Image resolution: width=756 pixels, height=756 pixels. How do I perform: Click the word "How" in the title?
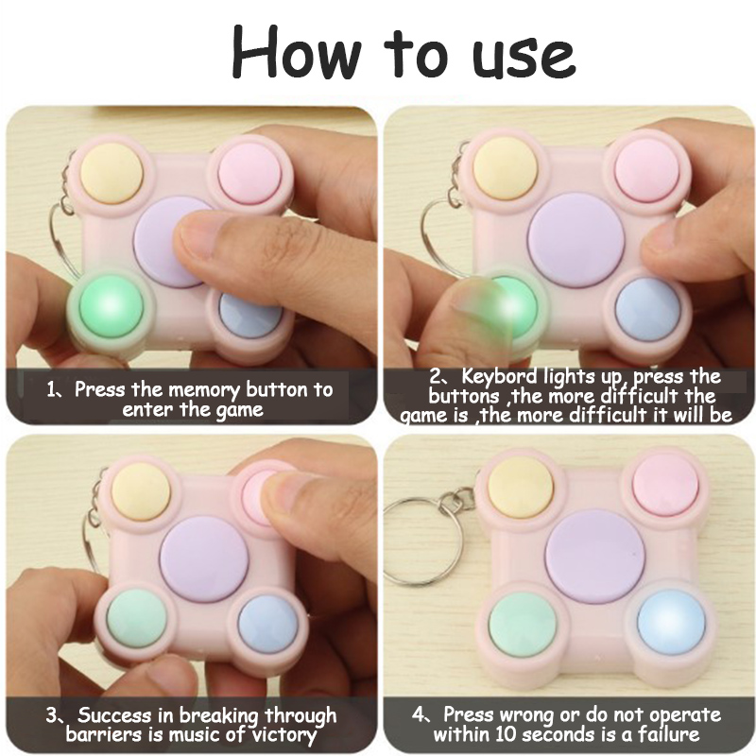click(x=296, y=51)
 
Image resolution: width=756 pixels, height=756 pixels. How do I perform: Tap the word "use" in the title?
click(x=524, y=57)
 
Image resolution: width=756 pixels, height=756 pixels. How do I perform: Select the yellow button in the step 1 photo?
click(x=112, y=173)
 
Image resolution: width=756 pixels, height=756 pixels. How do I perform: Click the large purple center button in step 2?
click(x=576, y=240)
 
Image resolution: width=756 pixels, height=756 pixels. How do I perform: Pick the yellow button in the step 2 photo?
click(x=505, y=169)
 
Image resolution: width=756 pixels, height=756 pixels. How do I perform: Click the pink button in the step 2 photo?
click(x=648, y=169)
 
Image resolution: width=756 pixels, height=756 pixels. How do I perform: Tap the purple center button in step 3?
click(x=204, y=559)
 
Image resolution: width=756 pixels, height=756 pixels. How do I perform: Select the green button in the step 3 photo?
click(x=136, y=619)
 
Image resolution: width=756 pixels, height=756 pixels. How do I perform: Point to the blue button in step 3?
click(x=268, y=625)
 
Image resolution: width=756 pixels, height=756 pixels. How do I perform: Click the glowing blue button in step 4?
click(x=671, y=624)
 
